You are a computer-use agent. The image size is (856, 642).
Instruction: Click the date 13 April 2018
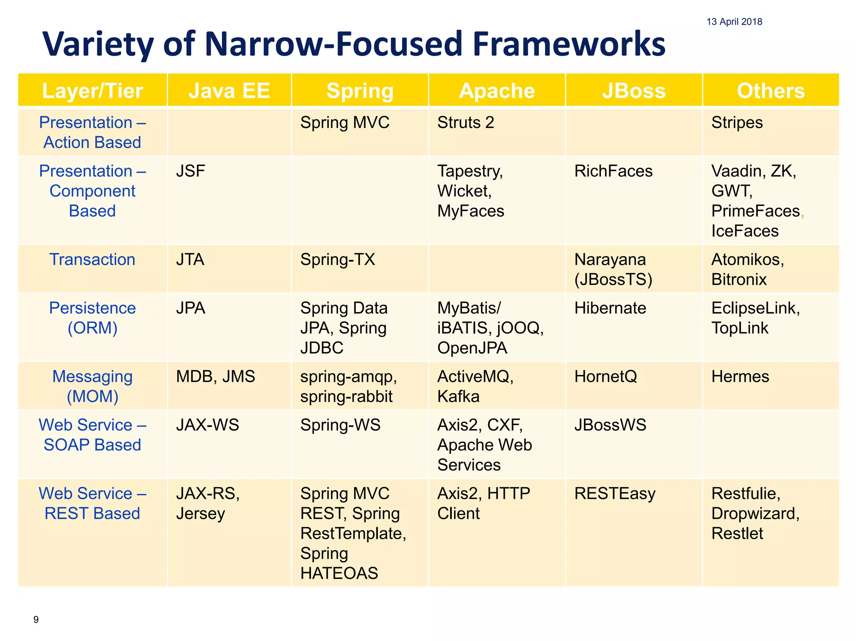734,22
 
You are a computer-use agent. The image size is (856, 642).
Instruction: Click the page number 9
36,619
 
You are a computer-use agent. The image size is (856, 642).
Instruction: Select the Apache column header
497,91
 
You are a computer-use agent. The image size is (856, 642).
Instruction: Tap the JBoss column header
634,91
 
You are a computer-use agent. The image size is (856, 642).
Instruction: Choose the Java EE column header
229,91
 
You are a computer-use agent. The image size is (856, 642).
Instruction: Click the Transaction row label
92,260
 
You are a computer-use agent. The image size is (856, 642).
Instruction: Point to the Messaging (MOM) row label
92,386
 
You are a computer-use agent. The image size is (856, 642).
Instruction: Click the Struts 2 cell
465,122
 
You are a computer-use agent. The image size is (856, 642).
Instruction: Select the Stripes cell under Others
737,122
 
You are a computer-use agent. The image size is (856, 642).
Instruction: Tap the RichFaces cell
613,171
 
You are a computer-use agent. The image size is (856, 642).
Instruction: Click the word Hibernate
610,308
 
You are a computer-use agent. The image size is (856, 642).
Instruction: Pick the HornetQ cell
605,377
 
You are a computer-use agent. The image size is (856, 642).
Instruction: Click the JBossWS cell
610,425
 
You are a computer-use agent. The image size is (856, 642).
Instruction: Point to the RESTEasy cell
614,494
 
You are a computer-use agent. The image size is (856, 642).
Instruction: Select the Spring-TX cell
337,260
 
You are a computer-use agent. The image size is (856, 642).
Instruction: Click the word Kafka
458,396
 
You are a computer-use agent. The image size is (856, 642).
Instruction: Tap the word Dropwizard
755,513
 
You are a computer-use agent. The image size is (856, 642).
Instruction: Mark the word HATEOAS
339,573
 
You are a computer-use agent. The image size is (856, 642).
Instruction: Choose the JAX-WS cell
207,425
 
